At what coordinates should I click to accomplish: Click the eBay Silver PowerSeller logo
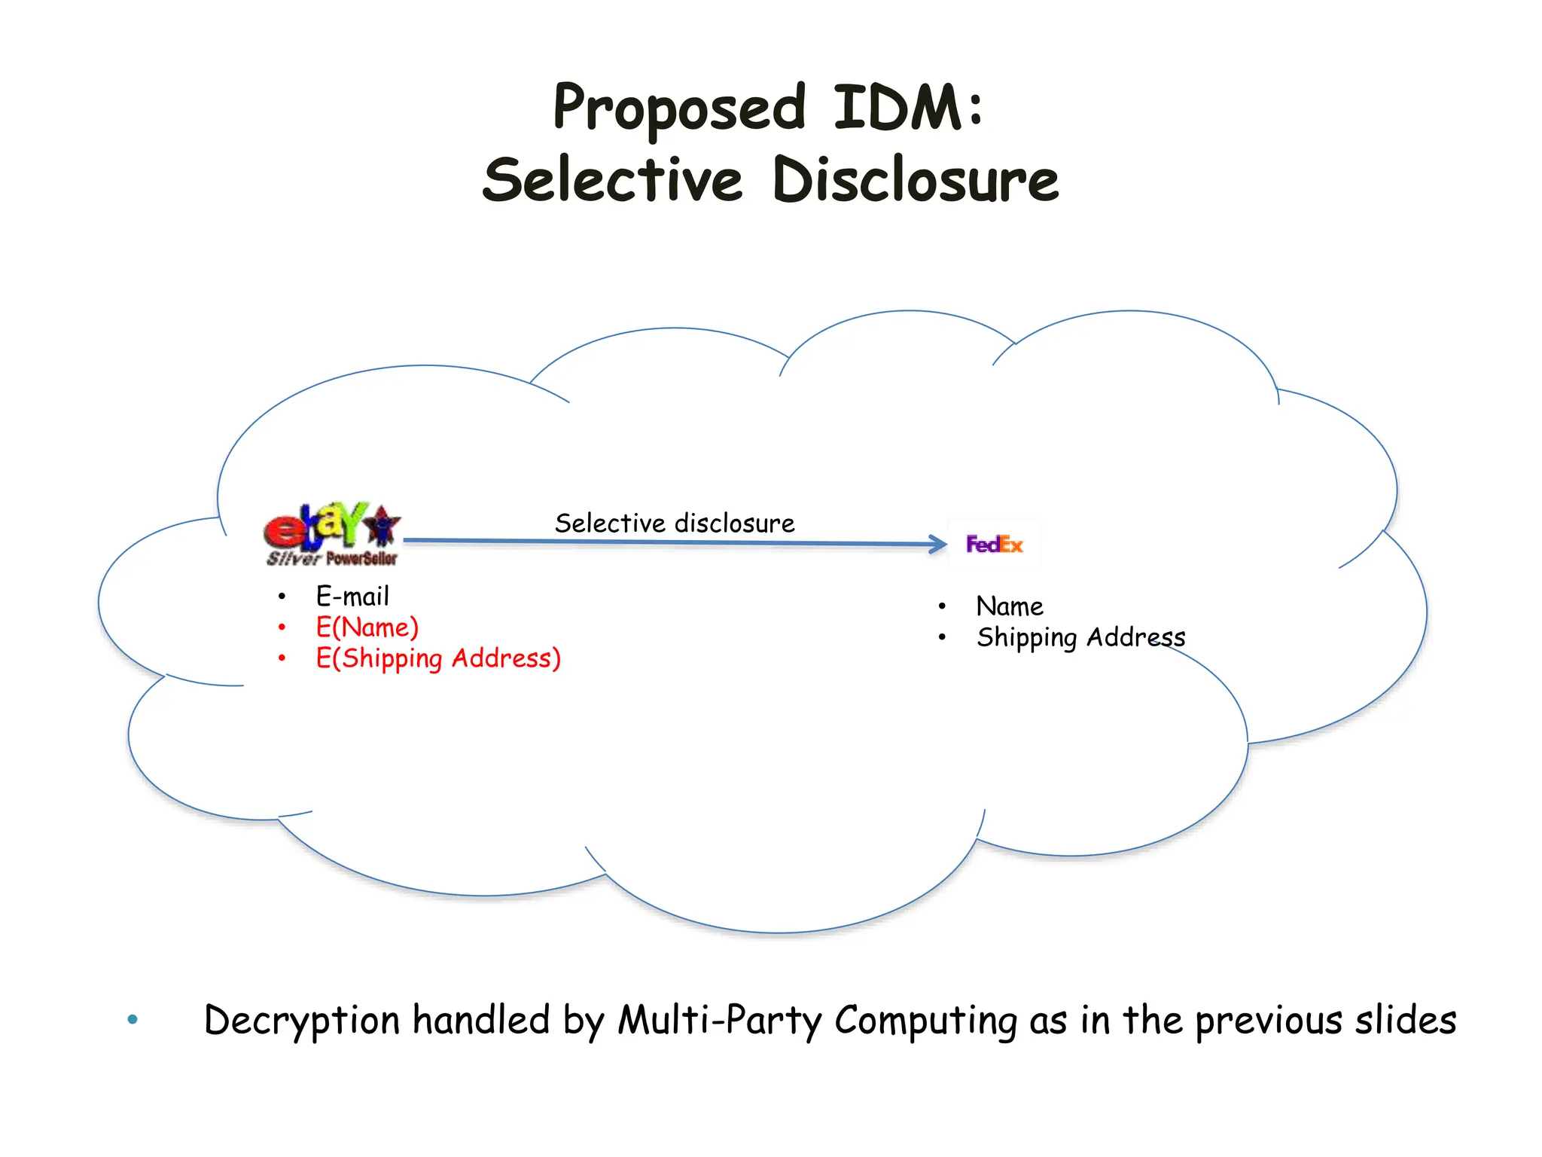click(x=331, y=534)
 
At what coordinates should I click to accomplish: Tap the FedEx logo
click(x=995, y=544)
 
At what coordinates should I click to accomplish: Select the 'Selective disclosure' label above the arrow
click(x=675, y=523)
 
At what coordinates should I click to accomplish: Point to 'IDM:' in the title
click(x=908, y=108)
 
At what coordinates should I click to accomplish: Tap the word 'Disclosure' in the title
click(x=916, y=181)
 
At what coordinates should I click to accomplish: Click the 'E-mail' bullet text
click(x=352, y=597)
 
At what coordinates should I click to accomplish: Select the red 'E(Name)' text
click(x=367, y=627)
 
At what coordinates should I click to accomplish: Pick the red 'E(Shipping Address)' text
click(x=438, y=658)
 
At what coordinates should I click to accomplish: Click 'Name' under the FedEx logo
click(x=1010, y=606)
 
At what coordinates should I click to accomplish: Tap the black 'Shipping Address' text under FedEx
click(x=1080, y=637)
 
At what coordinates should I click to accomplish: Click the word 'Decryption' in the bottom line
click(x=301, y=1021)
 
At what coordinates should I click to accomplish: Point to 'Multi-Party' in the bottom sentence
click(x=719, y=1021)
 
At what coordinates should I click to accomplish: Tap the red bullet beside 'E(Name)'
click(x=282, y=627)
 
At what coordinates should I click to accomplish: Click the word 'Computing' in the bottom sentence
click(x=925, y=1021)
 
